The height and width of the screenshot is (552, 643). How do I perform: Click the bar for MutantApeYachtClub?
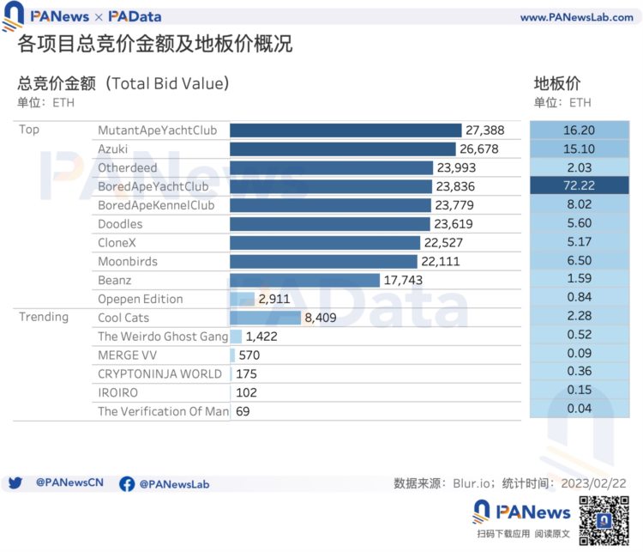346,130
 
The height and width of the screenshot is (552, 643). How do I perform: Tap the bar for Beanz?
304,280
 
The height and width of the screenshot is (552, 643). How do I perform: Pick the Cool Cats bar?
266,318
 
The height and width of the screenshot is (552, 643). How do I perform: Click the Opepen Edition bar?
243,299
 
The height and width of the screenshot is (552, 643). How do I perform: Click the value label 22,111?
441,262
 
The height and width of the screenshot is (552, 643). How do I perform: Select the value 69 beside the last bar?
243,411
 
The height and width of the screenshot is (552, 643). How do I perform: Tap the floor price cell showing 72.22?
579,186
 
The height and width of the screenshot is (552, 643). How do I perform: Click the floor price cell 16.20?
579,130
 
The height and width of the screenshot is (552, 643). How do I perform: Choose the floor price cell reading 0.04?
579,409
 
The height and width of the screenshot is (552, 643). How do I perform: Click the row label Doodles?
120,224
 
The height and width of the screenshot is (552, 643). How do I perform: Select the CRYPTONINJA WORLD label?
159,373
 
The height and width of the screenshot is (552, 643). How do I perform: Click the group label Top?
28,130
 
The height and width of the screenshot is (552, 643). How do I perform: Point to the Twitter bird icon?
15,483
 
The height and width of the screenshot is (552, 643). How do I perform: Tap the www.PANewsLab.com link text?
576,17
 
